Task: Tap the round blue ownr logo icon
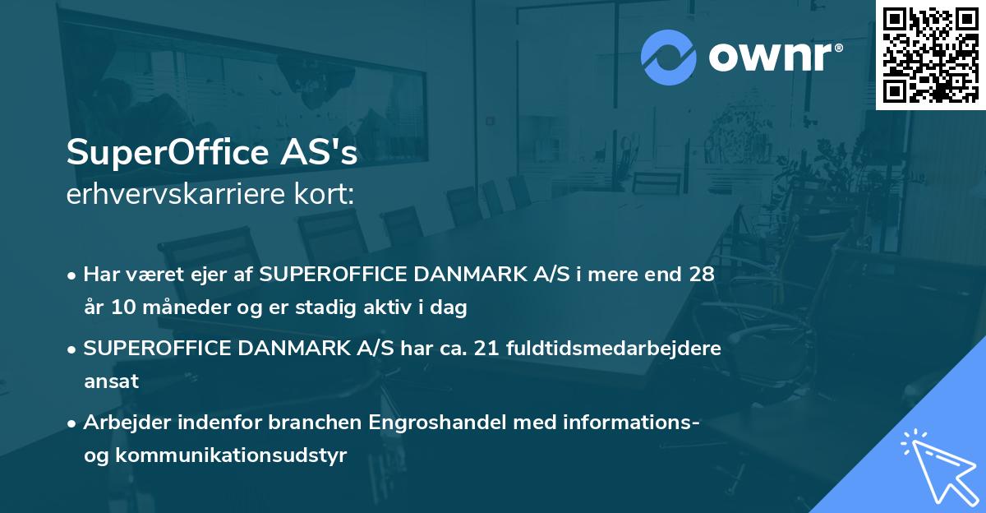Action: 669,58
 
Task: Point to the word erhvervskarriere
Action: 164,195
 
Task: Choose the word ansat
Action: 111,381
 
